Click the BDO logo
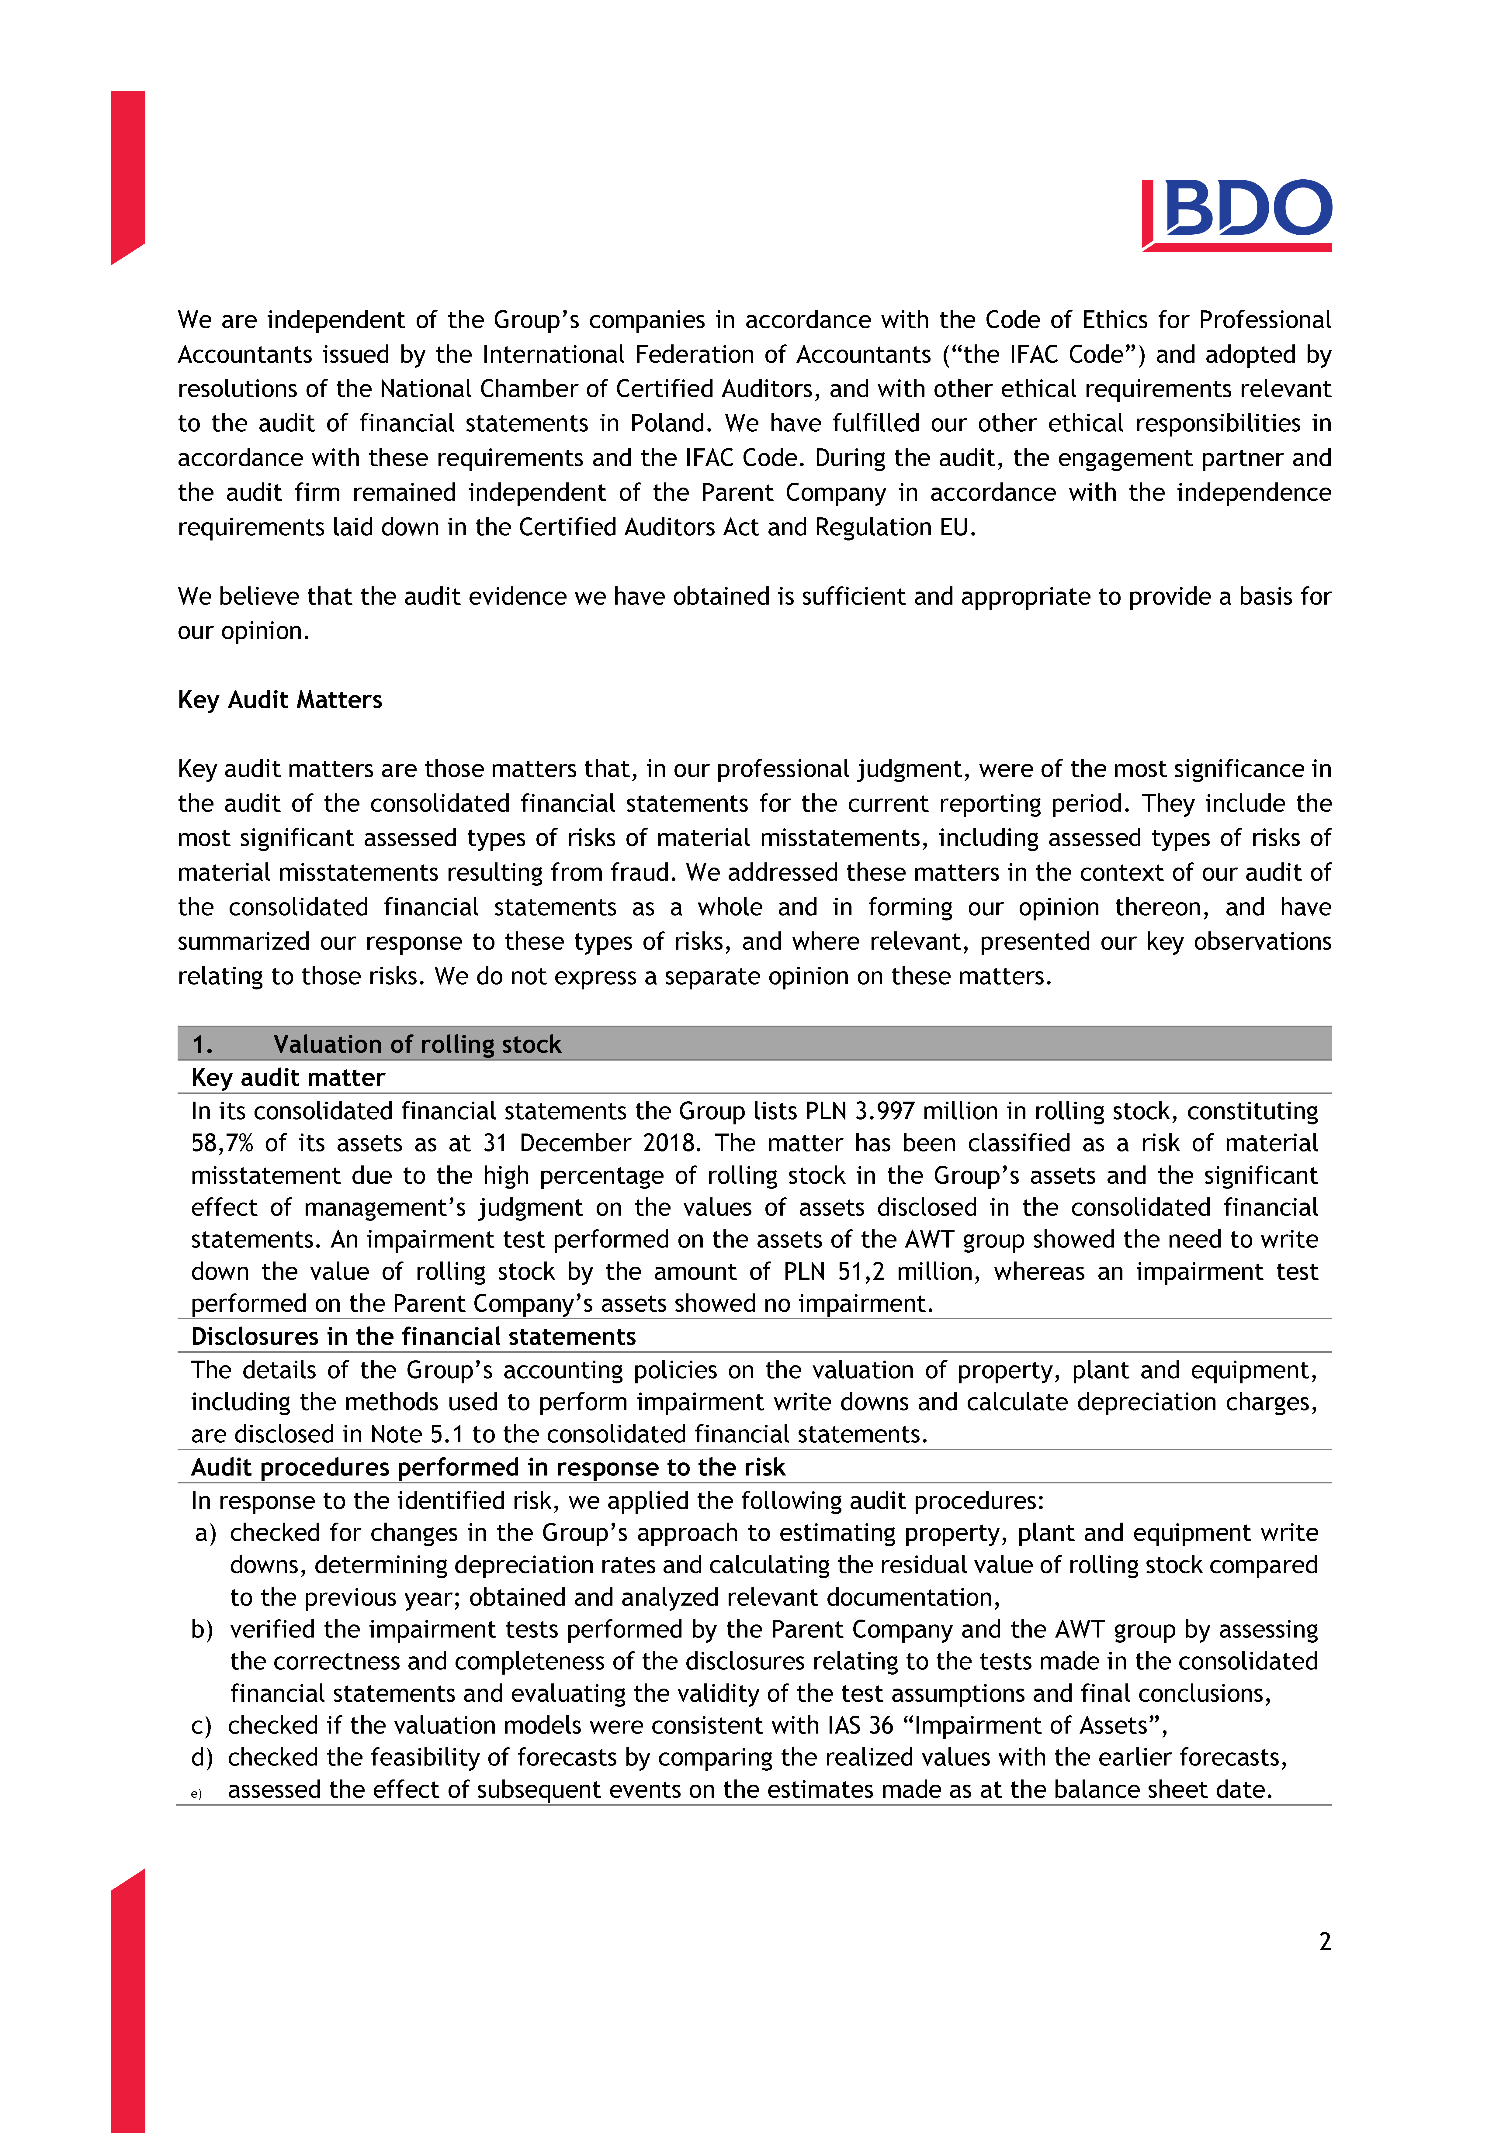pos(1237,215)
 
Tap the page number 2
pos(1324,1941)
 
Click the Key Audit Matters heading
pos(280,699)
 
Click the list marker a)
pos(205,1533)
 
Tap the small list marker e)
pos(196,1794)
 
